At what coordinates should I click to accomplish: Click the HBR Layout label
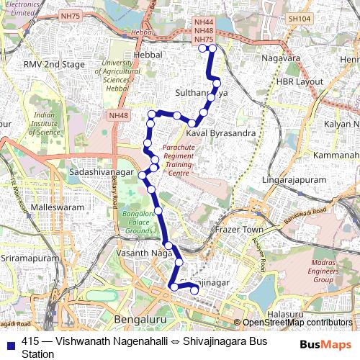pyautogui.click(x=300, y=82)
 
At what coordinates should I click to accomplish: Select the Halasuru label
pyautogui.click(x=287, y=314)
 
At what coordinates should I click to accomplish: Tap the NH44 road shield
pyautogui.click(x=204, y=24)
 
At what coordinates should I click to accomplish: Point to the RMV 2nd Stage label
pyautogui.click(x=54, y=65)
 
